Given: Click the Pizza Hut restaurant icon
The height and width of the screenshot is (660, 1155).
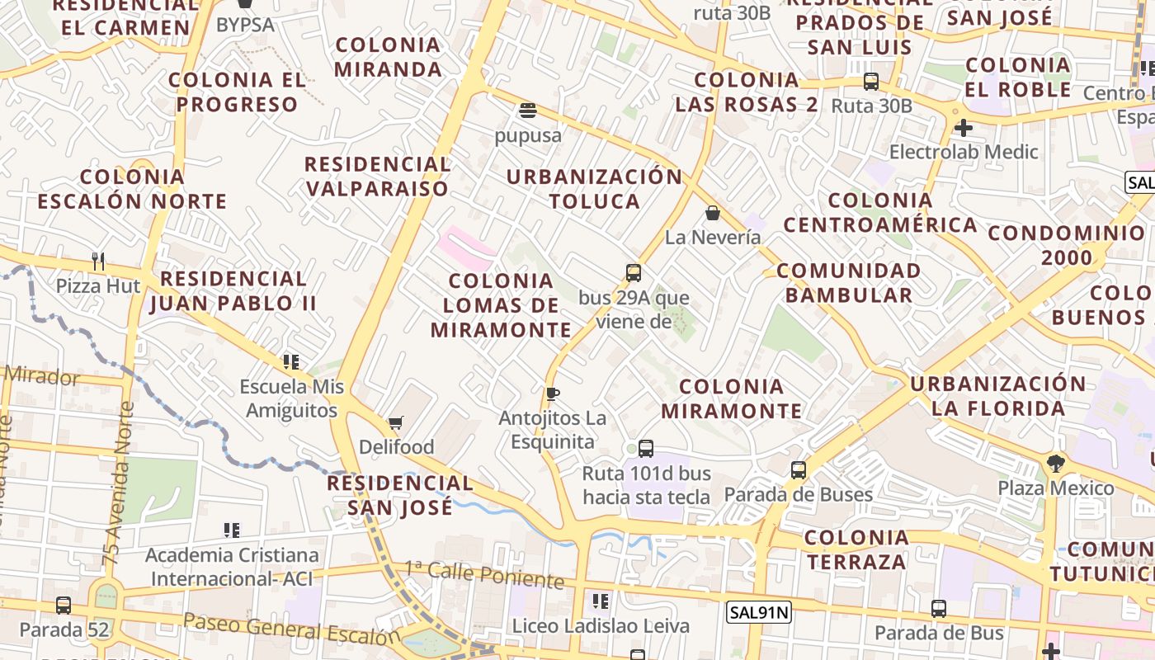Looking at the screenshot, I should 98,262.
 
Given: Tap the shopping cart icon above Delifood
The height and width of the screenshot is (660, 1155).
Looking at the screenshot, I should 395,423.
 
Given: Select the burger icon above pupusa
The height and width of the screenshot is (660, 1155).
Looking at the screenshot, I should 528,111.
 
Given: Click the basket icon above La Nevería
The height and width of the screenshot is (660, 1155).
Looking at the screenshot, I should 713,214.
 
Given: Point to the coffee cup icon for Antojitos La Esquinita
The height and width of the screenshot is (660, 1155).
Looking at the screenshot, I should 552,394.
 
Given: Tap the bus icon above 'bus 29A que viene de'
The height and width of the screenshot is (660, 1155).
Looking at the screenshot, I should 634,273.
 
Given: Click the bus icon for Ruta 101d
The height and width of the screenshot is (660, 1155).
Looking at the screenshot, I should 646,449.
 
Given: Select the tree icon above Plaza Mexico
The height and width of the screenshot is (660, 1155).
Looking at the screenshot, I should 1055,463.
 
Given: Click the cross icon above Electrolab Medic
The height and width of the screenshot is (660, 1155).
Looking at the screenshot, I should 963,128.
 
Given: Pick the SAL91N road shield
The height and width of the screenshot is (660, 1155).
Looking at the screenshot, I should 759,612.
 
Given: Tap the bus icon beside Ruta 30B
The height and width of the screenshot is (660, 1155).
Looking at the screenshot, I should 871,82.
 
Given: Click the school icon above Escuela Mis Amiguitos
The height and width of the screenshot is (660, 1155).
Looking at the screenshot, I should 290,361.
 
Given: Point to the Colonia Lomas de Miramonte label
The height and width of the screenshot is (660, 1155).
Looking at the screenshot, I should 501,305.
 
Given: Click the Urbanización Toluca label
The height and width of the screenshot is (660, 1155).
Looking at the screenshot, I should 595,189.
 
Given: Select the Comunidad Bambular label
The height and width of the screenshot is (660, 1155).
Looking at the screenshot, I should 849,282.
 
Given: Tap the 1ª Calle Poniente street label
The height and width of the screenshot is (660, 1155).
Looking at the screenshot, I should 484,575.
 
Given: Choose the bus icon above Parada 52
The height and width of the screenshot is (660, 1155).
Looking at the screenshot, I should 64,606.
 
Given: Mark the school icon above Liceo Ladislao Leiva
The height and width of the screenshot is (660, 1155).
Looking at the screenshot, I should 601,601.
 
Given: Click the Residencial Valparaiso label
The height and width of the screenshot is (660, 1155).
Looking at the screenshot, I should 378,177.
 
